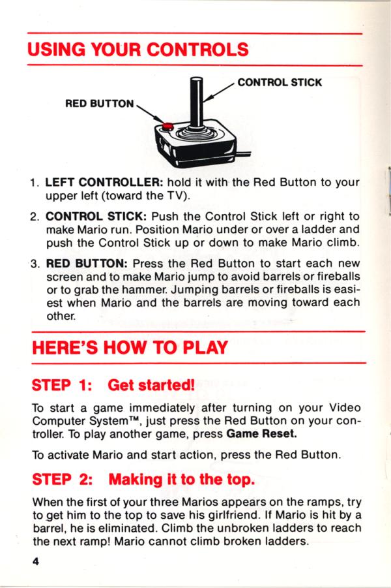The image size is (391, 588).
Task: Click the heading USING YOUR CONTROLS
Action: [x=138, y=50]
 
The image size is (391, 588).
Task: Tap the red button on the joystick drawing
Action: [x=167, y=126]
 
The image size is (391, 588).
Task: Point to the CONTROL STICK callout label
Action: [x=280, y=82]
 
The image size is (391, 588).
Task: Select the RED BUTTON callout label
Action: [x=99, y=104]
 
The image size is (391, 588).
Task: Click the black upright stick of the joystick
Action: [x=196, y=102]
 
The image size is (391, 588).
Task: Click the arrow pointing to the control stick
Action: [x=219, y=92]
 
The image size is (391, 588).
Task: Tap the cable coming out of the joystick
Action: [x=244, y=153]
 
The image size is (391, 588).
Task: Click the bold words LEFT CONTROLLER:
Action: [x=104, y=183]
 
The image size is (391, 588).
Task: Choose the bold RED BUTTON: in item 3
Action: [x=87, y=264]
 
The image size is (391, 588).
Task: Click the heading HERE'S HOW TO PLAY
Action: [x=130, y=348]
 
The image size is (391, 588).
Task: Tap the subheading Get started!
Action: [x=151, y=385]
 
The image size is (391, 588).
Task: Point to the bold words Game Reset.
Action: [x=261, y=434]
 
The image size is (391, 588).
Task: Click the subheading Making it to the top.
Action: [x=182, y=479]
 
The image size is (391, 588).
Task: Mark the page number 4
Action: [x=36, y=561]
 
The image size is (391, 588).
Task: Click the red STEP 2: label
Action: [x=63, y=480]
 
